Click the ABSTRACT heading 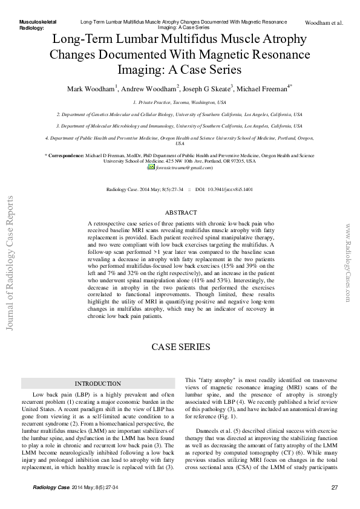tap(181, 213)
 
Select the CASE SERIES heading tap(180, 347)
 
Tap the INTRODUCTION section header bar tap(97, 383)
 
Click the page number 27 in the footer tap(335, 488)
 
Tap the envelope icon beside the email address tap(152, 167)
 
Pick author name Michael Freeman tap(263, 88)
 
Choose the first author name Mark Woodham tap(90, 88)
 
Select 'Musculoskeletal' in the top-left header tap(38, 21)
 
